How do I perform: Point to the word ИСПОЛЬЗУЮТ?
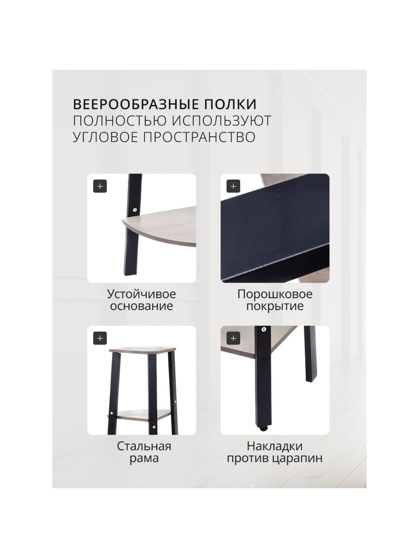click(220, 121)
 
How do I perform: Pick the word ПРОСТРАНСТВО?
click(199, 137)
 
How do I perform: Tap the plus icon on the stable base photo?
click(100, 186)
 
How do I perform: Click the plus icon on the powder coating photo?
click(233, 186)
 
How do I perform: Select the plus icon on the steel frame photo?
click(100, 338)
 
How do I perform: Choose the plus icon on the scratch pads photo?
click(233, 338)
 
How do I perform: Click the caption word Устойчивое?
click(141, 295)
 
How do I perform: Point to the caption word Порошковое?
click(275, 295)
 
